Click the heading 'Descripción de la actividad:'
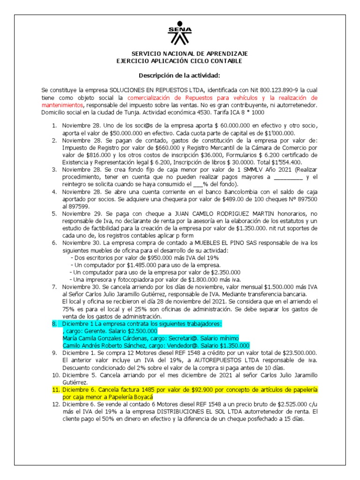[180, 75]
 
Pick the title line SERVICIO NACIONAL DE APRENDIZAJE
[189, 54]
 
